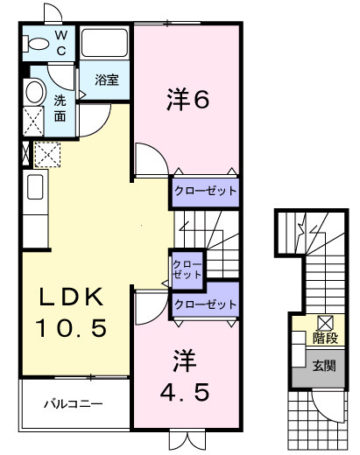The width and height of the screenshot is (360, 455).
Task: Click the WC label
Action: (x=60, y=44)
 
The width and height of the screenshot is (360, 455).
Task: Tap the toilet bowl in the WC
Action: (x=38, y=43)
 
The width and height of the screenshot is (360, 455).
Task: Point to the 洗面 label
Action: (x=60, y=108)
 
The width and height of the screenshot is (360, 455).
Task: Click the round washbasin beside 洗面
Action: (x=34, y=92)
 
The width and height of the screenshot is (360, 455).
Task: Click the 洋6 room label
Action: (x=187, y=101)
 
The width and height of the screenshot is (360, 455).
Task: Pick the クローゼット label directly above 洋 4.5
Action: (x=205, y=304)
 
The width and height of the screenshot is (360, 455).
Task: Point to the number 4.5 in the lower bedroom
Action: (x=187, y=392)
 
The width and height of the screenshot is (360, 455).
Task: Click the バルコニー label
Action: (x=74, y=404)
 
